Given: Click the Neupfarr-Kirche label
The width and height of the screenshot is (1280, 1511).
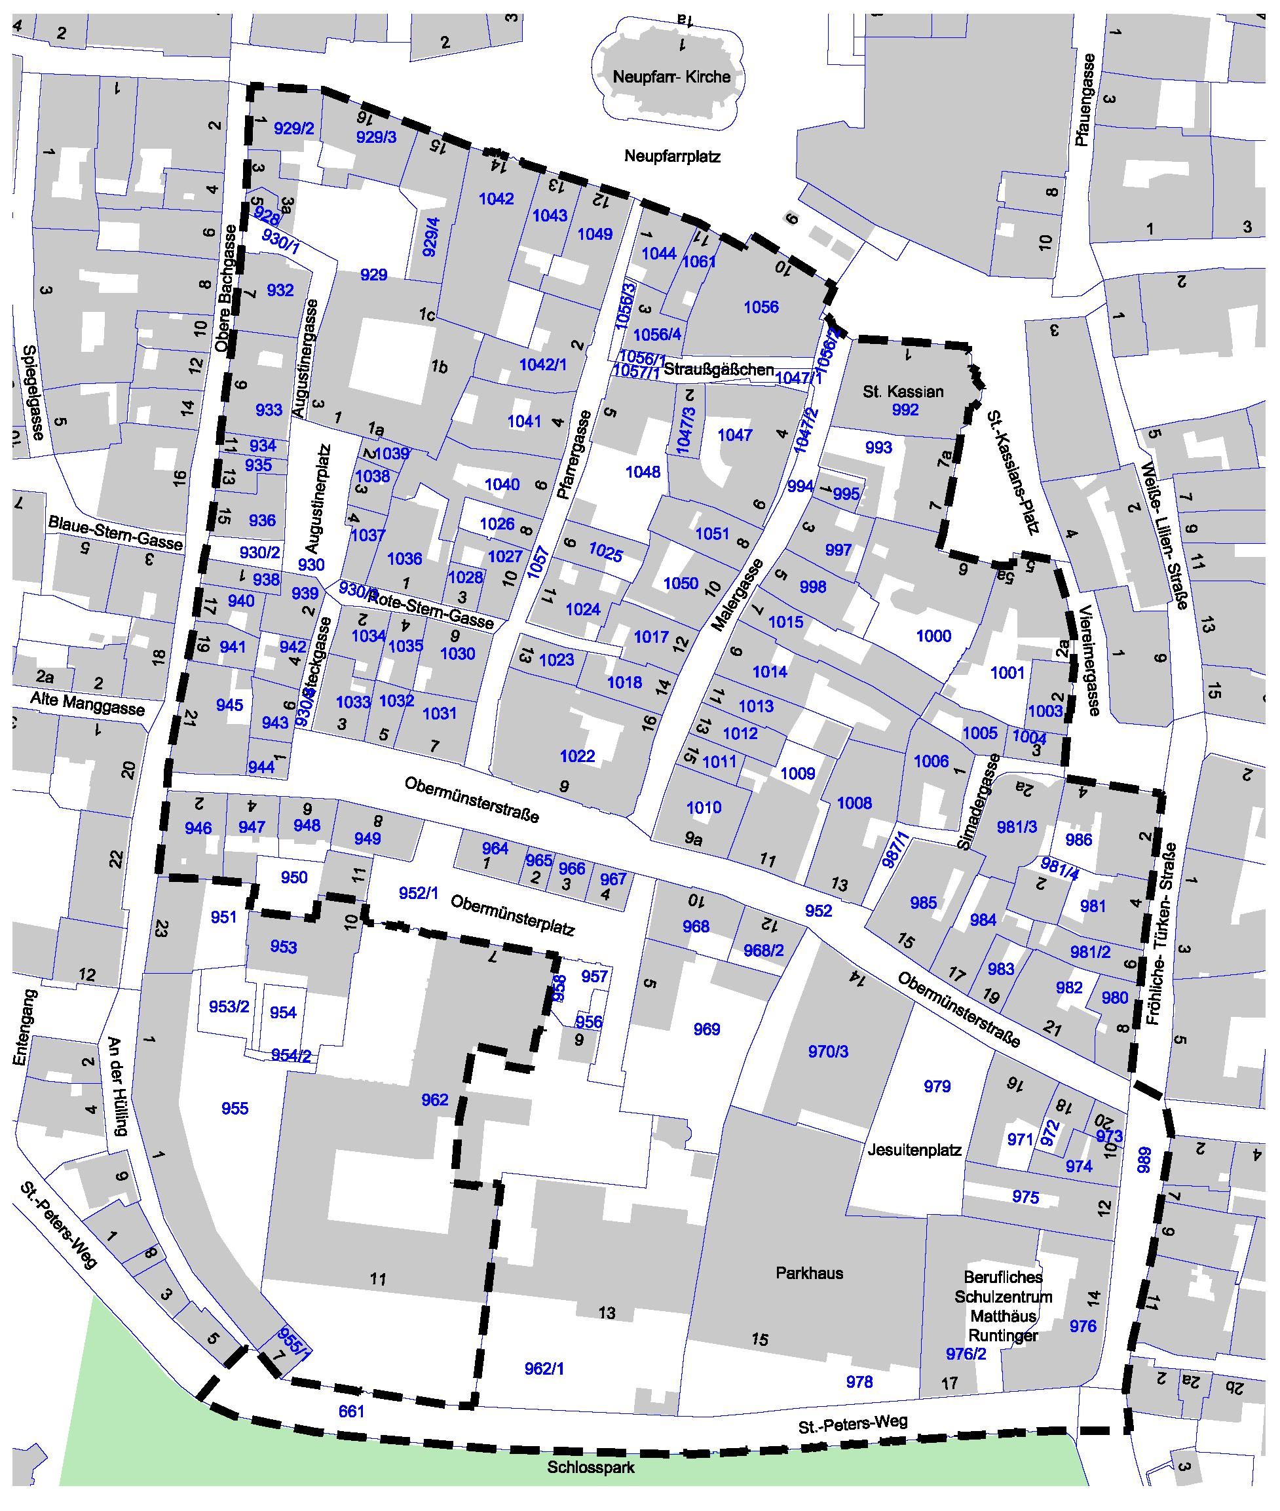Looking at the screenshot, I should [671, 77].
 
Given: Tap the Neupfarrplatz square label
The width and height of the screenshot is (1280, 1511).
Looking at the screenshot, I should [672, 156].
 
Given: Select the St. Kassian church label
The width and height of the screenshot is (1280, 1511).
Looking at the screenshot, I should [903, 392].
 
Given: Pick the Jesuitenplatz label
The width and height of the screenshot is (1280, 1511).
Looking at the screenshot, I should [914, 1151].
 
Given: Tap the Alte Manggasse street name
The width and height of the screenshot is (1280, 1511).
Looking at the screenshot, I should [87, 708].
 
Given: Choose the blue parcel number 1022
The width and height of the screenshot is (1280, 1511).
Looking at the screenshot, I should [577, 756].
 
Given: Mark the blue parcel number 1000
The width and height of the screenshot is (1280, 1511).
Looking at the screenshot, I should [933, 636].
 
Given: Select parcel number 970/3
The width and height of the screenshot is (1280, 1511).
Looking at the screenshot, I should [828, 1052].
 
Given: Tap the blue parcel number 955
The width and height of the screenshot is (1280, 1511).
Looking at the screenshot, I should [235, 1108].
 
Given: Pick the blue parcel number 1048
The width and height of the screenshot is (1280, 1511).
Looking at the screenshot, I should [642, 472].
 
